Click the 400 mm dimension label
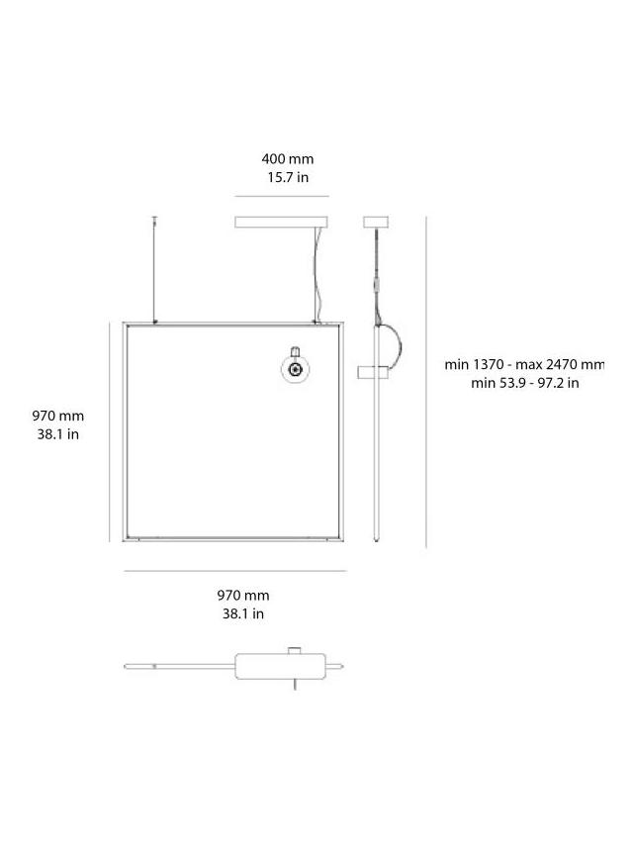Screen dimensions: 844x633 [x=287, y=158]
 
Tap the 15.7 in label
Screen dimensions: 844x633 [x=287, y=177]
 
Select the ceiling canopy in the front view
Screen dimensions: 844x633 [x=282, y=223]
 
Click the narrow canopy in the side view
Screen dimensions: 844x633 [x=375, y=223]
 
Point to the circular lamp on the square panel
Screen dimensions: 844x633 [x=294, y=370]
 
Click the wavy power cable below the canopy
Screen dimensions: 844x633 [x=317, y=272]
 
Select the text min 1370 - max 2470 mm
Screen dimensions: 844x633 [x=524, y=365]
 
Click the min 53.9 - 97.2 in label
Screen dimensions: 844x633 [x=524, y=383]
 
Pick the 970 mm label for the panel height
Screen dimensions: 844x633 [x=58, y=417]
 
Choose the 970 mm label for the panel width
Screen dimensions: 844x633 [x=243, y=596]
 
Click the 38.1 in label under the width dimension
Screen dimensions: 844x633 [x=243, y=613]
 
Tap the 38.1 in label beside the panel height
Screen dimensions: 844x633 [x=58, y=434]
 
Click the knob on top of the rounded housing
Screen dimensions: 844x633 [x=294, y=650]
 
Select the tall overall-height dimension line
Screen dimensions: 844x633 [x=426, y=381]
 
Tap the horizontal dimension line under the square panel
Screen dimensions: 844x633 [x=234, y=571]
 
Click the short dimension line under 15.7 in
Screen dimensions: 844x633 [x=282, y=196]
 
